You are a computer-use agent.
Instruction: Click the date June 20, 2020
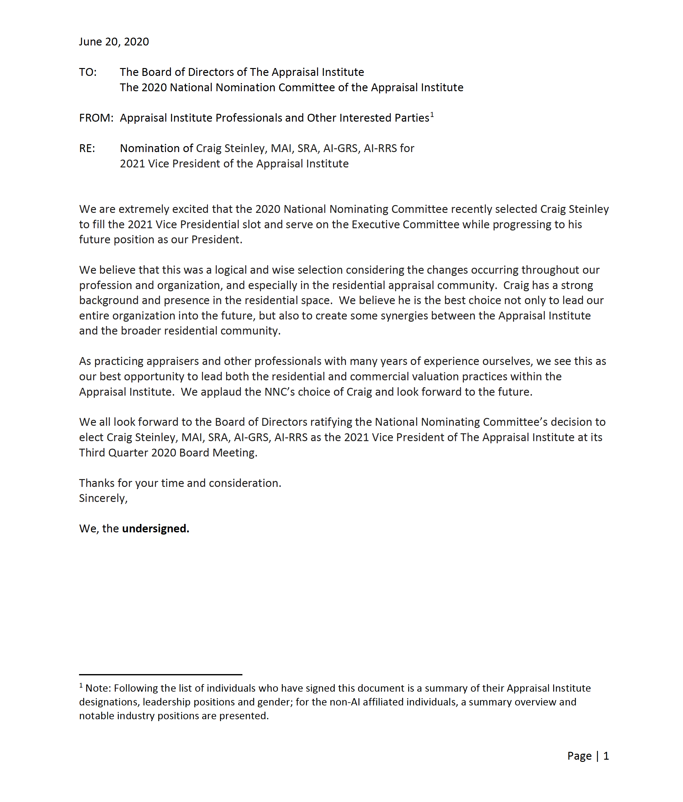(114, 42)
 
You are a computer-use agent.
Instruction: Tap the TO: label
(88, 72)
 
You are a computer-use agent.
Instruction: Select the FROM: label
(96, 118)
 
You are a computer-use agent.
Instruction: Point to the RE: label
(87, 149)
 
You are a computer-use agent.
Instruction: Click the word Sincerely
(103, 498)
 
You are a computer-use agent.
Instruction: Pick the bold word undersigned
(155, 529)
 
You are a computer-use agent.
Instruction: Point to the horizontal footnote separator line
(161, 675)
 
